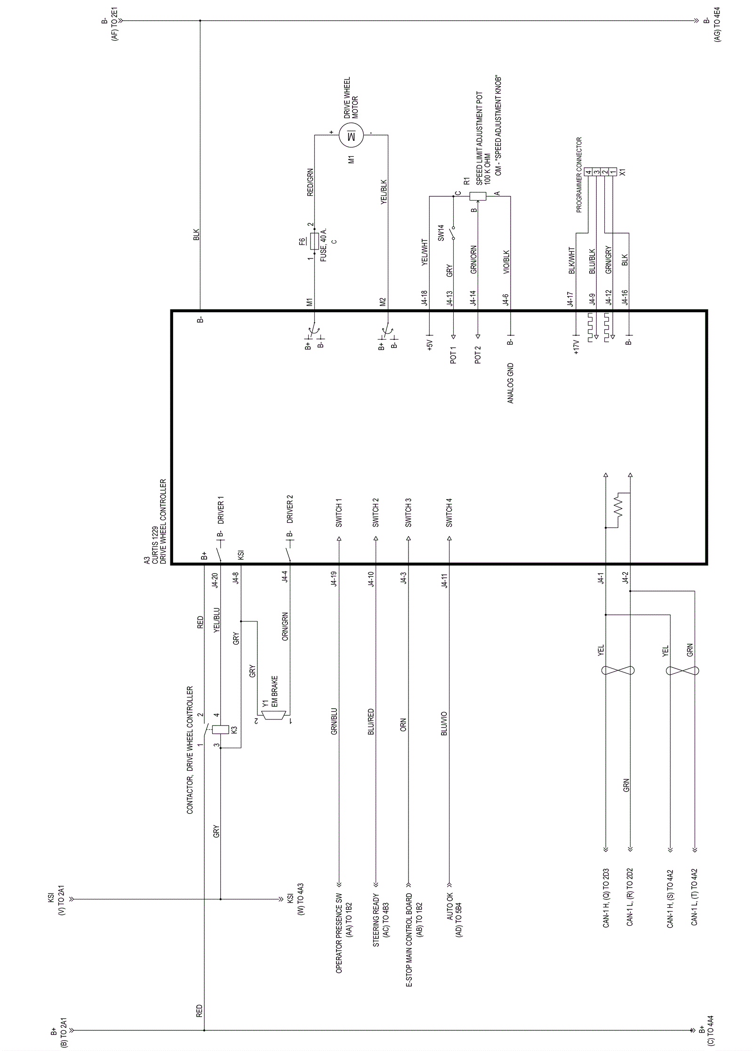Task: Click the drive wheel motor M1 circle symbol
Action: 351,135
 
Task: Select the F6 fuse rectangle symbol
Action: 315,241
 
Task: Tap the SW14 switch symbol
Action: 453,232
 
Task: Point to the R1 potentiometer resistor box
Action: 479,196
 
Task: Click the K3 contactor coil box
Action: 220,729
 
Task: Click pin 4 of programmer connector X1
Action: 588,172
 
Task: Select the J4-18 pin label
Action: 425,299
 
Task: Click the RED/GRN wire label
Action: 310,182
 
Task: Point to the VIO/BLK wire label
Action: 506,262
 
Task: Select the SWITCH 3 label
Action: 409,512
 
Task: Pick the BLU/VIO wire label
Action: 444,723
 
